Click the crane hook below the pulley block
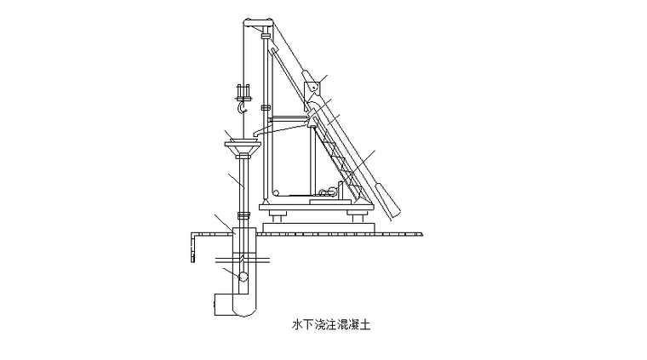[x=242, y=107]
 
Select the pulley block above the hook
[x=243, y=92]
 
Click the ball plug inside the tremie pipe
[x=243, y=277]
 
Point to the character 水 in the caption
[x=297, y=325]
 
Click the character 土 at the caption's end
[x=365, y=325]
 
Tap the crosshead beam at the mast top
[x=258, y=21]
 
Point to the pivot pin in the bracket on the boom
[x=313, y=87]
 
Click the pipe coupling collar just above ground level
[x=243, y=215]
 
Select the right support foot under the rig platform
[x=357, y=216]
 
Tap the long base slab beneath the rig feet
[x=318, y=227]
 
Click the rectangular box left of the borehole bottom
[x=224, y=305]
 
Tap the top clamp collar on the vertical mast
[x=266, y=37]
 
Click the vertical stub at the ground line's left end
[x=192, y=248]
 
